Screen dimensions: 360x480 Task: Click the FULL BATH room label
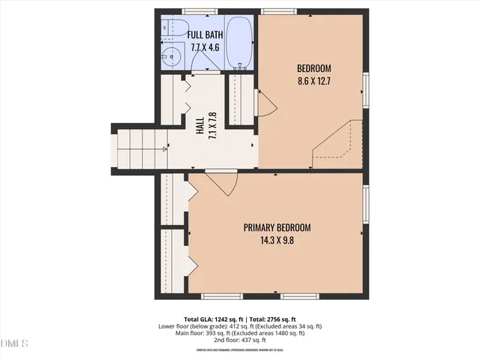(203, 34)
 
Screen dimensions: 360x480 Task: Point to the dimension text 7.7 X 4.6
(205, 46)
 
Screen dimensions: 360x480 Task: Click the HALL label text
(200, 128)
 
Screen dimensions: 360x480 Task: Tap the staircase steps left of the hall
(139, 147)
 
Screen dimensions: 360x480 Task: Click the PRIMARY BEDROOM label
(277, 227)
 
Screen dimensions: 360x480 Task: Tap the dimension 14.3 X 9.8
(277, 240)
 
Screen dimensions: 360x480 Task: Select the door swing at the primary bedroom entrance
(222, 181)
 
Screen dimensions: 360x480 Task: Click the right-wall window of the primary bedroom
(366, 203)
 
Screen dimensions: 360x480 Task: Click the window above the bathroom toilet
(196, 11)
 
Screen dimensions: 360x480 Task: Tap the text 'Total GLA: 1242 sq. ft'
(211, 319)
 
